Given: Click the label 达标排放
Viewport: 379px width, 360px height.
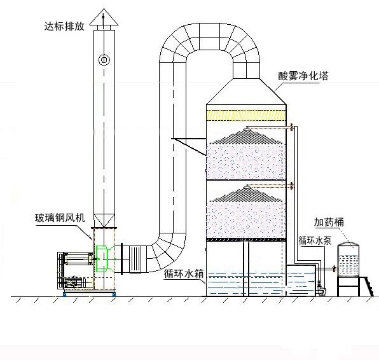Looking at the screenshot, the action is coord(64,26).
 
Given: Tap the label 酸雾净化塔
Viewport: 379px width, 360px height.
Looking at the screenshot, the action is coord(303,76).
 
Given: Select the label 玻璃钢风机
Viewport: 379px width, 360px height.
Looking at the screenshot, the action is coord(60,218).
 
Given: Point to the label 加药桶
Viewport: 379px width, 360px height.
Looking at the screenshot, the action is coord(329,222).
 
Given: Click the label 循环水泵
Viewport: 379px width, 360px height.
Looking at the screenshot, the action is coord(315,241).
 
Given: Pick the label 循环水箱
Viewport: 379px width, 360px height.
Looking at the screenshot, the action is coord(184,274).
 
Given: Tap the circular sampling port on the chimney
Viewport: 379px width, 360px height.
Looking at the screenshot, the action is coord(104,60).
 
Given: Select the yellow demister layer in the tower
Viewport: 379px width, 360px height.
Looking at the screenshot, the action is coord(246,115).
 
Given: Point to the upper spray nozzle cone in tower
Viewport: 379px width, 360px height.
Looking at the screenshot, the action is coord(246,136).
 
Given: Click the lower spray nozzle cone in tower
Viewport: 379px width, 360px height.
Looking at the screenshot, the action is coord(246,194).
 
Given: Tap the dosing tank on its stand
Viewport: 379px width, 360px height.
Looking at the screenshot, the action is coord(348,260).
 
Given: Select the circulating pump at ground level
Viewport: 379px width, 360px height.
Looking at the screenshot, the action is coord(320,289).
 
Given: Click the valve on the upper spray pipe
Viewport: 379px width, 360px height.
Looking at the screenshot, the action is coord(292,127).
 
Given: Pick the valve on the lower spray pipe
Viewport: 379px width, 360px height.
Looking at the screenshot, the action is coord(292,186).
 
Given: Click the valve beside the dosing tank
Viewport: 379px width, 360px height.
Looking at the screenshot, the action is coord(334,268).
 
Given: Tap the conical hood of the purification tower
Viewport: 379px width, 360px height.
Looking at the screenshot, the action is coord(246,92).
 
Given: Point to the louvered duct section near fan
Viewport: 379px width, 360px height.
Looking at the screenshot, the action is coord(135,259).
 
